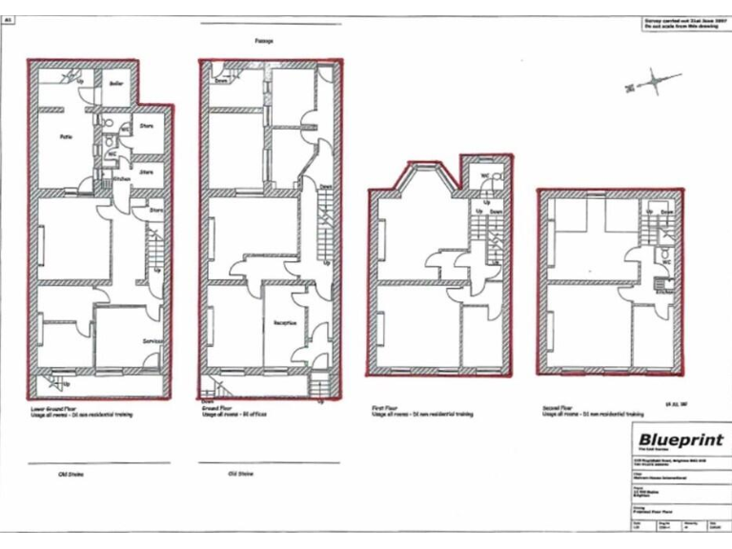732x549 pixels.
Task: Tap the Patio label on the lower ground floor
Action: [67, 137]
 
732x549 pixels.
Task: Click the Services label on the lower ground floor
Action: [153, 340]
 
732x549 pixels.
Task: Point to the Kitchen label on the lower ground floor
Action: [121, 178]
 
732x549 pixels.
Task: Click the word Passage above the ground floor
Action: [264, 41]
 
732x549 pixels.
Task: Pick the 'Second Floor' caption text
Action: [558, 407]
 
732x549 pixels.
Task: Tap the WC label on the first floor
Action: [484, 175]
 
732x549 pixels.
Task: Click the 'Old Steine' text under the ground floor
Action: [241, 473]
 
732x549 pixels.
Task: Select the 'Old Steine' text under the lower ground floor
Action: [69, 474]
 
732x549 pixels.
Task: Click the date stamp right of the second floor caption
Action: [675, 404]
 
